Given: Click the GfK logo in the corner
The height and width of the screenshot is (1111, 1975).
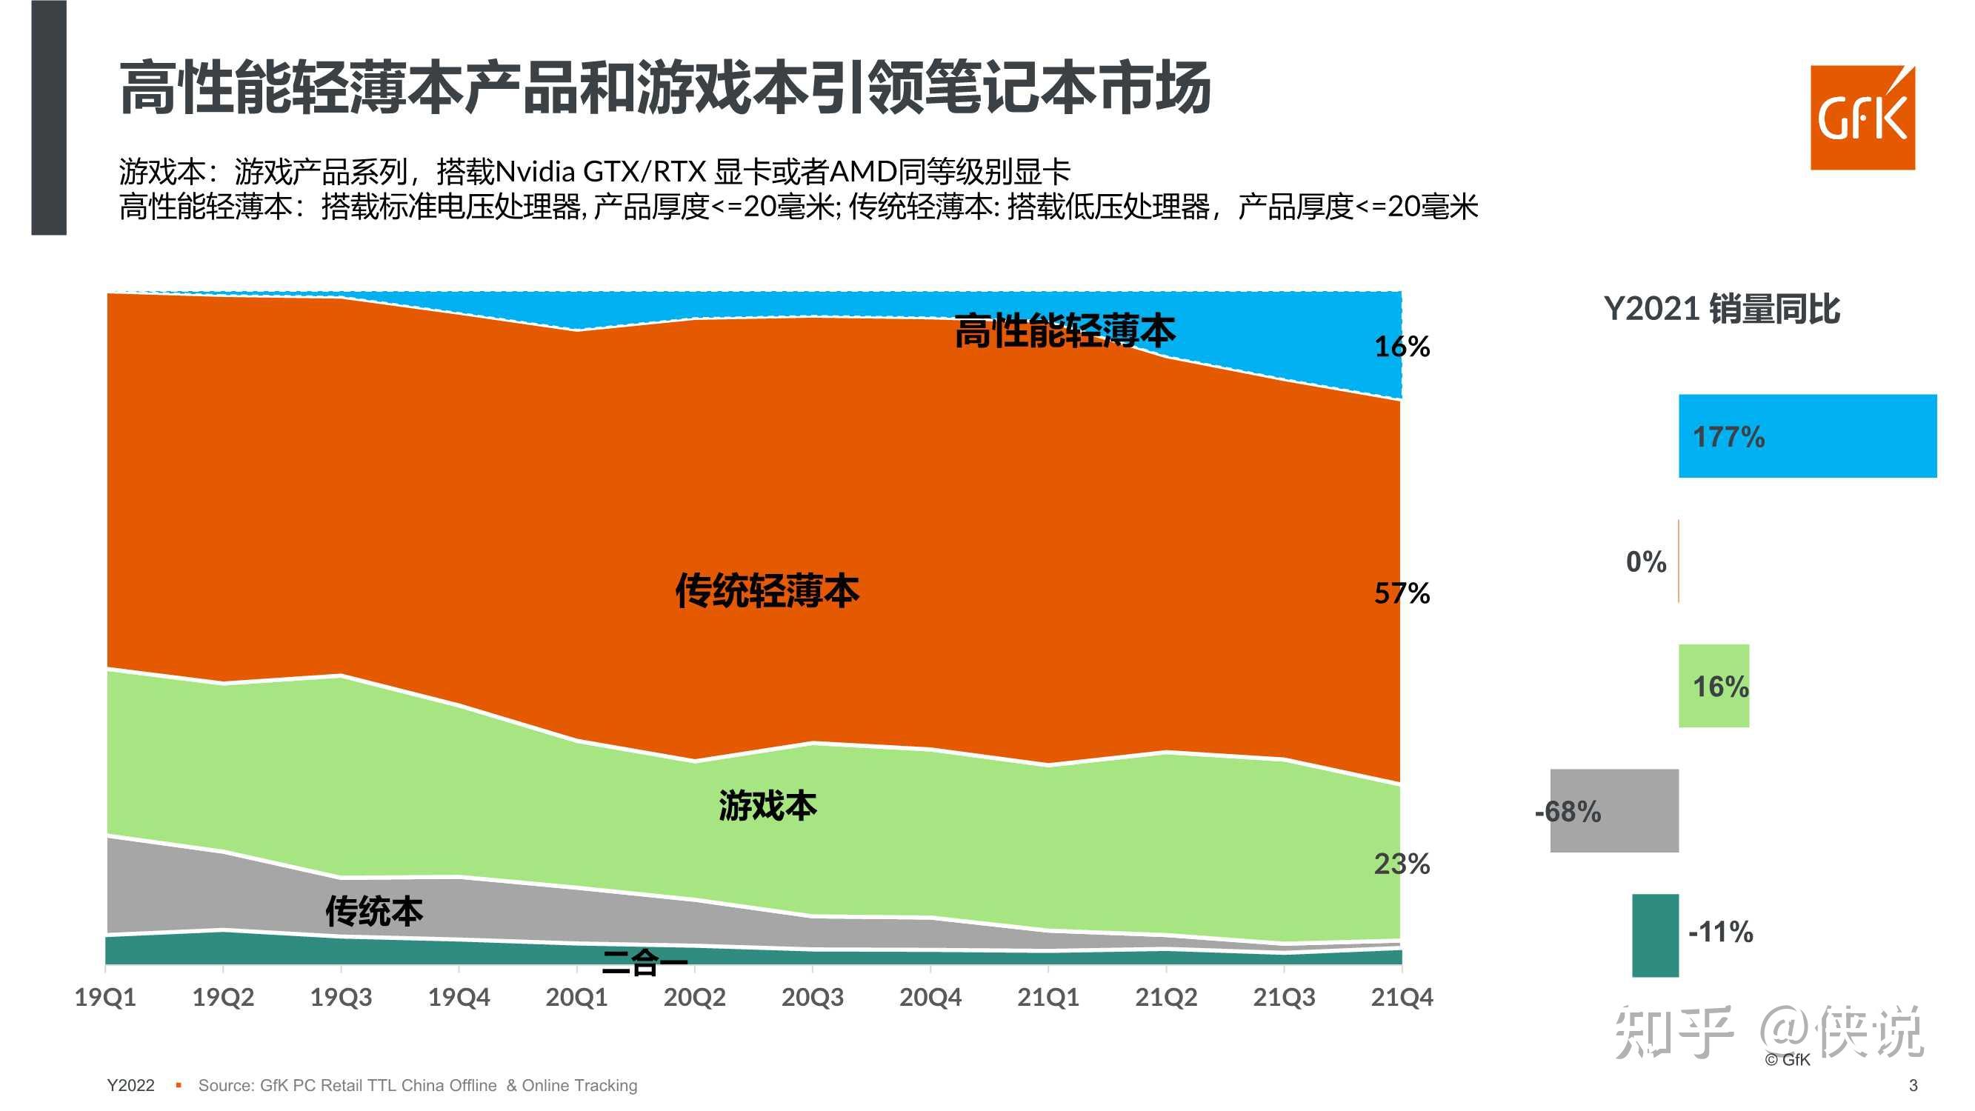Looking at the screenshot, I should click(x=1862, y=117).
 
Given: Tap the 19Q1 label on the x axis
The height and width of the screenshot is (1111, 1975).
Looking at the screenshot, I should click(x=105, y=997).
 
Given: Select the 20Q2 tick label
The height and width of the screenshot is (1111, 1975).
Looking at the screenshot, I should click(x=694, y=997).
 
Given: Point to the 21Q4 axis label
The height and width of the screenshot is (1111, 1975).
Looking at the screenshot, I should click(x=1401, y=997).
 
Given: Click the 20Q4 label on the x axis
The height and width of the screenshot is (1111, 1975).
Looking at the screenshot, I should click(x=929, y=997).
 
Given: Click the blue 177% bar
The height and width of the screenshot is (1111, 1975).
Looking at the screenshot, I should click(x=1807, y=436).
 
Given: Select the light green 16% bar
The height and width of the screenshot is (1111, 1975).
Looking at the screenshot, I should click(x=1713, y=685).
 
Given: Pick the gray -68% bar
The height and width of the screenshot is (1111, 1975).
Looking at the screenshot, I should click(x=1614, y=810).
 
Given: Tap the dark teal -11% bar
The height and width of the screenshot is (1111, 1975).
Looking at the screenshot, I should click(x=1654, y=935).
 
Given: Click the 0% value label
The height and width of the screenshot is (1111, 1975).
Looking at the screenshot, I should click(x=1645, y=562).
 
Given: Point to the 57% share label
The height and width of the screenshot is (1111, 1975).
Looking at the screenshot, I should click(x=1402, y=593).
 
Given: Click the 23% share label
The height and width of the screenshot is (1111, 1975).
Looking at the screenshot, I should click(x=1402, y=864).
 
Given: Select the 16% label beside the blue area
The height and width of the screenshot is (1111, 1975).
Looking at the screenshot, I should click(x=1402, y=347).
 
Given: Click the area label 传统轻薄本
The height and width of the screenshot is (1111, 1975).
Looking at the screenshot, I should click(x=767, y=591).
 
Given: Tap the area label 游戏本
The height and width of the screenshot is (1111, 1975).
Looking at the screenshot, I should click(x=767, y=806).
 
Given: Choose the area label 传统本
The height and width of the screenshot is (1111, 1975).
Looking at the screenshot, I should click(x=374, y=911).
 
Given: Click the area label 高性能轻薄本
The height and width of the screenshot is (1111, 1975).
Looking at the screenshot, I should click(x=1064, y=331).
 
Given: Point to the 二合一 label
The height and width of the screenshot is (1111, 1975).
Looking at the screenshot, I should click(x=644, y=963).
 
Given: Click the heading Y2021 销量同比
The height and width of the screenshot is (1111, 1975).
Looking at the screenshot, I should click(x=1721, y=309).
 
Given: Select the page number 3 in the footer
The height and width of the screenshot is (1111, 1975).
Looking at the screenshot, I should click(x=1912, y=1085).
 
